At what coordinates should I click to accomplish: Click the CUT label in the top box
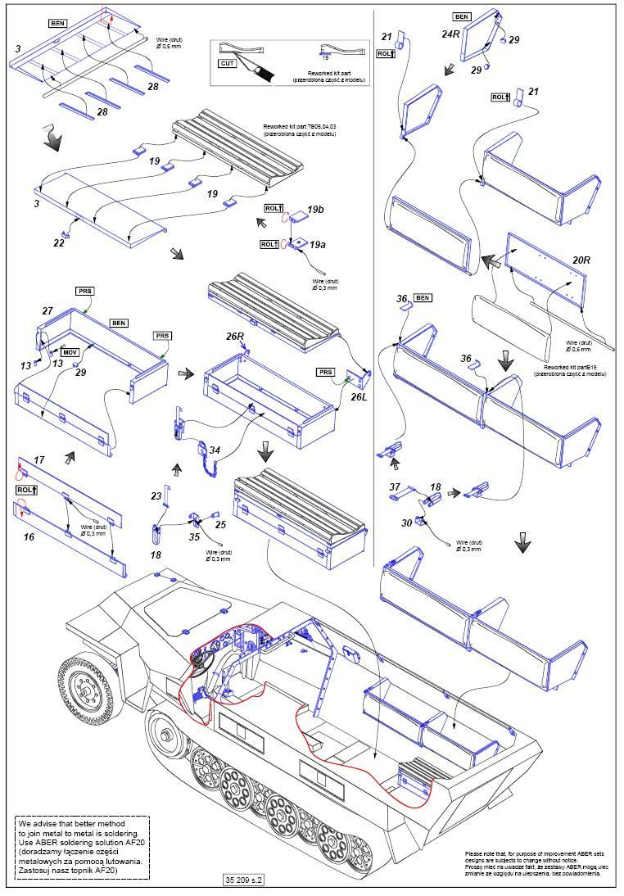click(x=226, y=62)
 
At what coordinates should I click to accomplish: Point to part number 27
click(x=47, y=311)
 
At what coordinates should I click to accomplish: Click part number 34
click(x=215, y=450)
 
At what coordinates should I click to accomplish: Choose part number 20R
click(x=581, y=260)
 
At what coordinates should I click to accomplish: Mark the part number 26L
click(x=357, y=397)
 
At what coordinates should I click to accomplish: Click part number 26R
click(x=235, y=336)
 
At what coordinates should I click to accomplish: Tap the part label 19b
click(x=316, y=210)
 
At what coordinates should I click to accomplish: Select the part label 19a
click(x=316, y=243)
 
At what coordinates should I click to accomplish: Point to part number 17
click(x=38, y=460)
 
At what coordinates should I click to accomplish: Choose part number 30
click(x=407, y=523)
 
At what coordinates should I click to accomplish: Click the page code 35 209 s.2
click(x=243, y=880)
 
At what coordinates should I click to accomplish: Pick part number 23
click(x=156, y=496)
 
